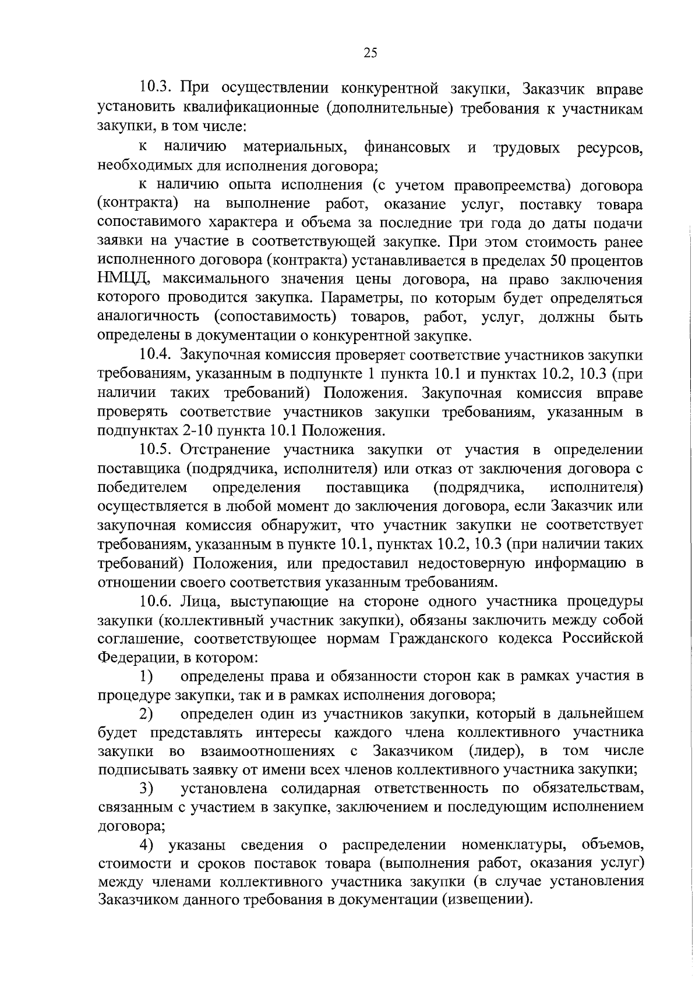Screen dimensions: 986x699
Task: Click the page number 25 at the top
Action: point(370,53)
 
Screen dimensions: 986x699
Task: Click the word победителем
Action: point(142,487)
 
